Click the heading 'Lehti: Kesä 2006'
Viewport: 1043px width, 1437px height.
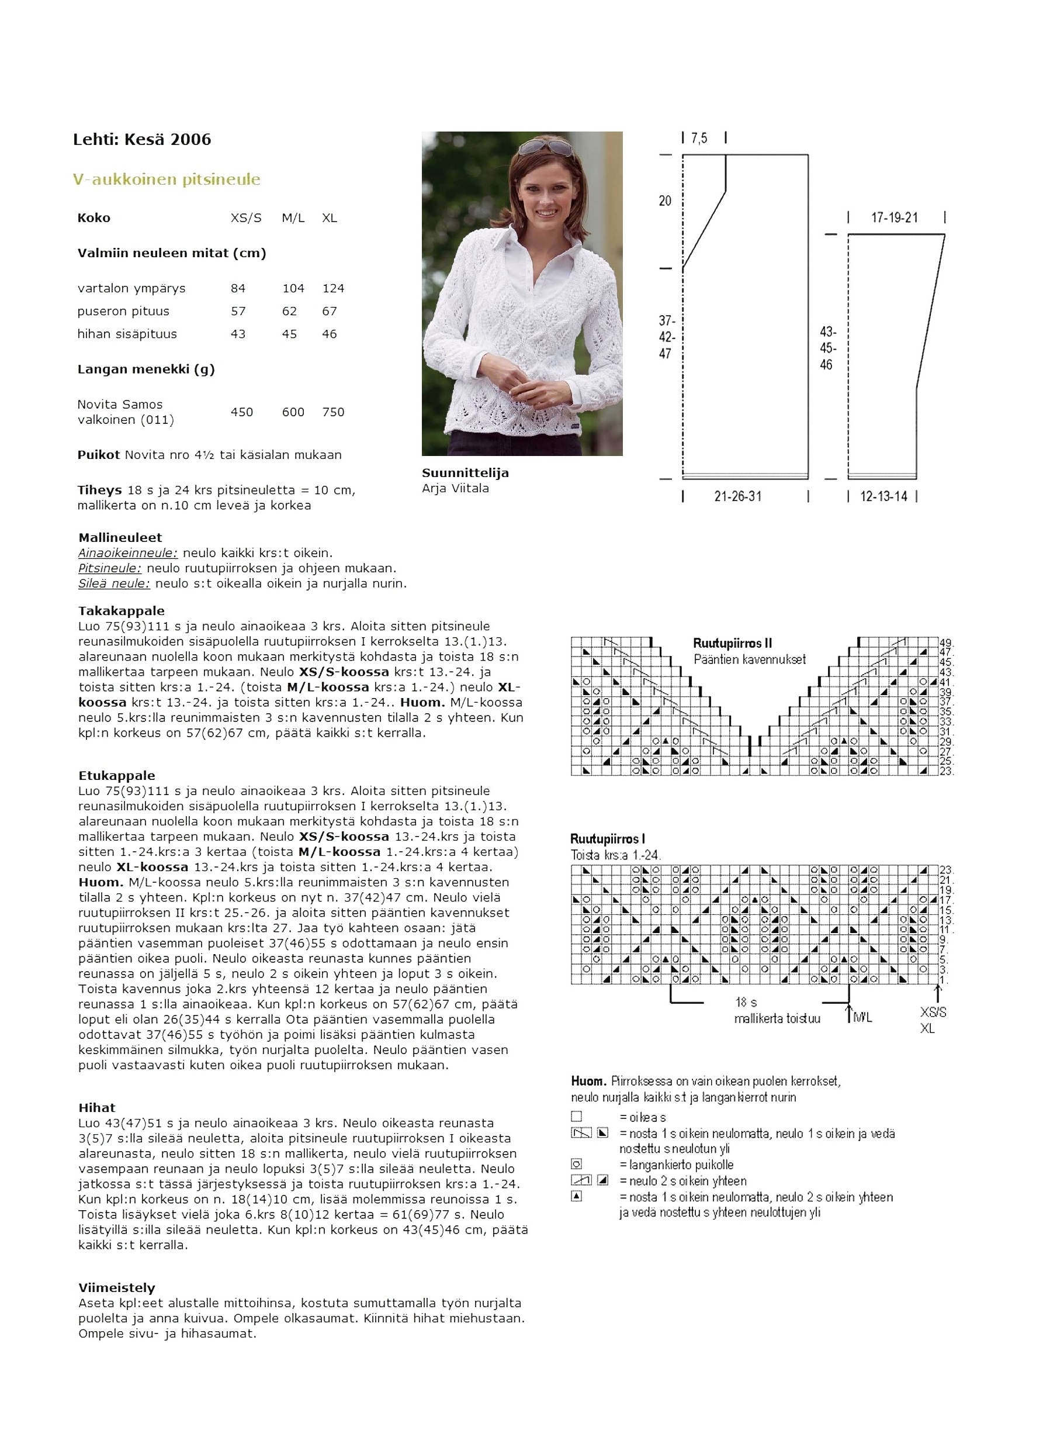(x=142, y=139)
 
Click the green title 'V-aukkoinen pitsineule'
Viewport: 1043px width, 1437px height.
(x=167, y=179)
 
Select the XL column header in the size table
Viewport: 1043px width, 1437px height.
(x=330, y=218)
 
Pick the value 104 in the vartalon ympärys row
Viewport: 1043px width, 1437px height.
(x=293, y=288)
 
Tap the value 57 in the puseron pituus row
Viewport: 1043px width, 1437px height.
(x=238, y=311)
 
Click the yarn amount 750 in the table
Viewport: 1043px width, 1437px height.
(x=333, y=412)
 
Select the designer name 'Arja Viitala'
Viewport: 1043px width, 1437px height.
(x=455, y=489)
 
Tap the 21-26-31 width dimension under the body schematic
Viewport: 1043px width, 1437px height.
(x=738, y=497)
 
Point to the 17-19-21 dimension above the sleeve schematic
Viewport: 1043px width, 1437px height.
(x=894, y=218)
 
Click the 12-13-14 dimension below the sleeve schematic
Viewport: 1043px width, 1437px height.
(x=883, y=497)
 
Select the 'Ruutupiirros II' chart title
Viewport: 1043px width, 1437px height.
(x=732, y=644)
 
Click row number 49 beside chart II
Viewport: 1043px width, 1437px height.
(x=946, y=642)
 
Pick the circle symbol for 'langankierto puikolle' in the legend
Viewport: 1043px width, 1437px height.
(x=576, y=1164)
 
